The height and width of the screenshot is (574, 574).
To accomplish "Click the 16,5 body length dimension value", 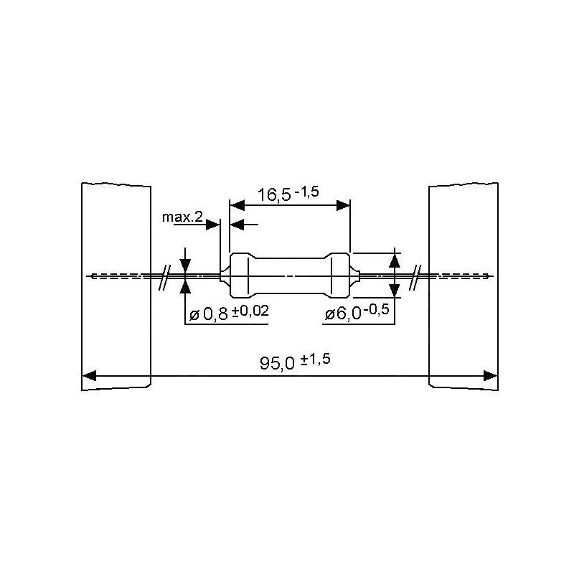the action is (x=275, y=194).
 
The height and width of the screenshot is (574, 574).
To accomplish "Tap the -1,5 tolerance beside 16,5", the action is (x=307, y=192).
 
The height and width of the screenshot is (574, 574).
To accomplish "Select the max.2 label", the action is (x=182, y=217).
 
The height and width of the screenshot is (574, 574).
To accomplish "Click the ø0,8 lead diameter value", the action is (x=209, y=314).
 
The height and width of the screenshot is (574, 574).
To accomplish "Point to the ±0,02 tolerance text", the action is (x=250, y=311).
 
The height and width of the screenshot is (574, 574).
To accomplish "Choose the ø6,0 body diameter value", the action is (x=343, y=314).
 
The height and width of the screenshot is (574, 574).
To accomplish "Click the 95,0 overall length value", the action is (x=277, y=363).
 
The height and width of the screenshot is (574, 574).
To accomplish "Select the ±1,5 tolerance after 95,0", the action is (x=316, y=359).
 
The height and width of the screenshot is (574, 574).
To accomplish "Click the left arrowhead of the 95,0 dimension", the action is (x=89, y=375).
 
